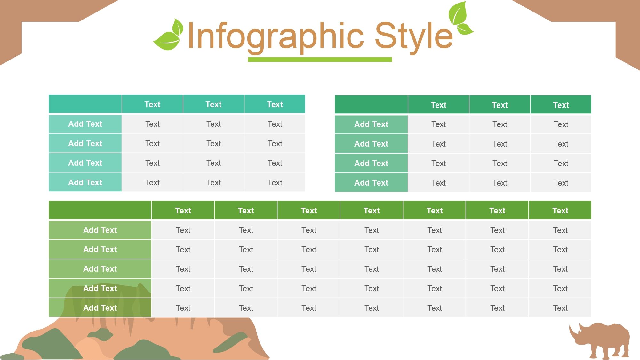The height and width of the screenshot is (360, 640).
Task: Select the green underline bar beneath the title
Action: tap(320, 60)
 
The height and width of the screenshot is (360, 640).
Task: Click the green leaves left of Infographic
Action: tap(169, 36)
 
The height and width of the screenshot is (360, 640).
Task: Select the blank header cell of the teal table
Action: tap(85, 104)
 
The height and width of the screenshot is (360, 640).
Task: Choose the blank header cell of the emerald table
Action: tap(371, 104)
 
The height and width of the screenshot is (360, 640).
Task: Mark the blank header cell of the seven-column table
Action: tap(100, 210)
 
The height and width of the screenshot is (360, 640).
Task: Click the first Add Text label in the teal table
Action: tap(85, 124)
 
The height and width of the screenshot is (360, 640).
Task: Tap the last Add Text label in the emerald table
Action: tap(371, 183)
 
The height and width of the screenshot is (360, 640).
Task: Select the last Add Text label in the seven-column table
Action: tap(100, 308)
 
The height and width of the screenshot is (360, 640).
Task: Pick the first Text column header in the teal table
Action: tap(152, 104)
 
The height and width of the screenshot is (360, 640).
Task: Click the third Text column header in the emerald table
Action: tap(561, 105)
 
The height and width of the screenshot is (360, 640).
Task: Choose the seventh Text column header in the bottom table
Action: tap(560, 211)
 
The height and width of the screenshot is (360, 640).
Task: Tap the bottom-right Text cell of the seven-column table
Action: tap(560, 308)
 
